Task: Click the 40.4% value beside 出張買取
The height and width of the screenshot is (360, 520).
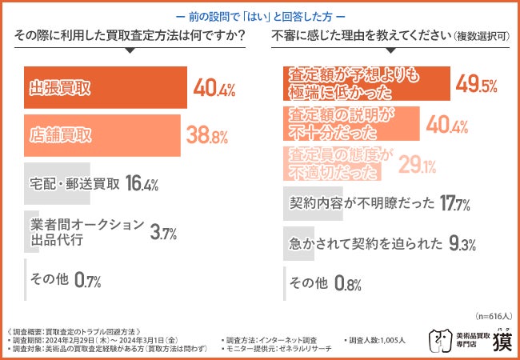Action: coord(214,88)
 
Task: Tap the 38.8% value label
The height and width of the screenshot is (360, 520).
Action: coord(208,135)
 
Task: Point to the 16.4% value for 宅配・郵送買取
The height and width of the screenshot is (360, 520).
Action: coord(141,184)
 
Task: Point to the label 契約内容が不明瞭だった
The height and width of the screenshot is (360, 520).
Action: coord(361,204)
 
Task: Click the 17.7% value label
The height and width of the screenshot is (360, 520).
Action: coord(460,204)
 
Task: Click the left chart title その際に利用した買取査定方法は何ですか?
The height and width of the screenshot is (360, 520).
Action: coord(129,36)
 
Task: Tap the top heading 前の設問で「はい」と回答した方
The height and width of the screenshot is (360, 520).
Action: coord(260,15)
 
